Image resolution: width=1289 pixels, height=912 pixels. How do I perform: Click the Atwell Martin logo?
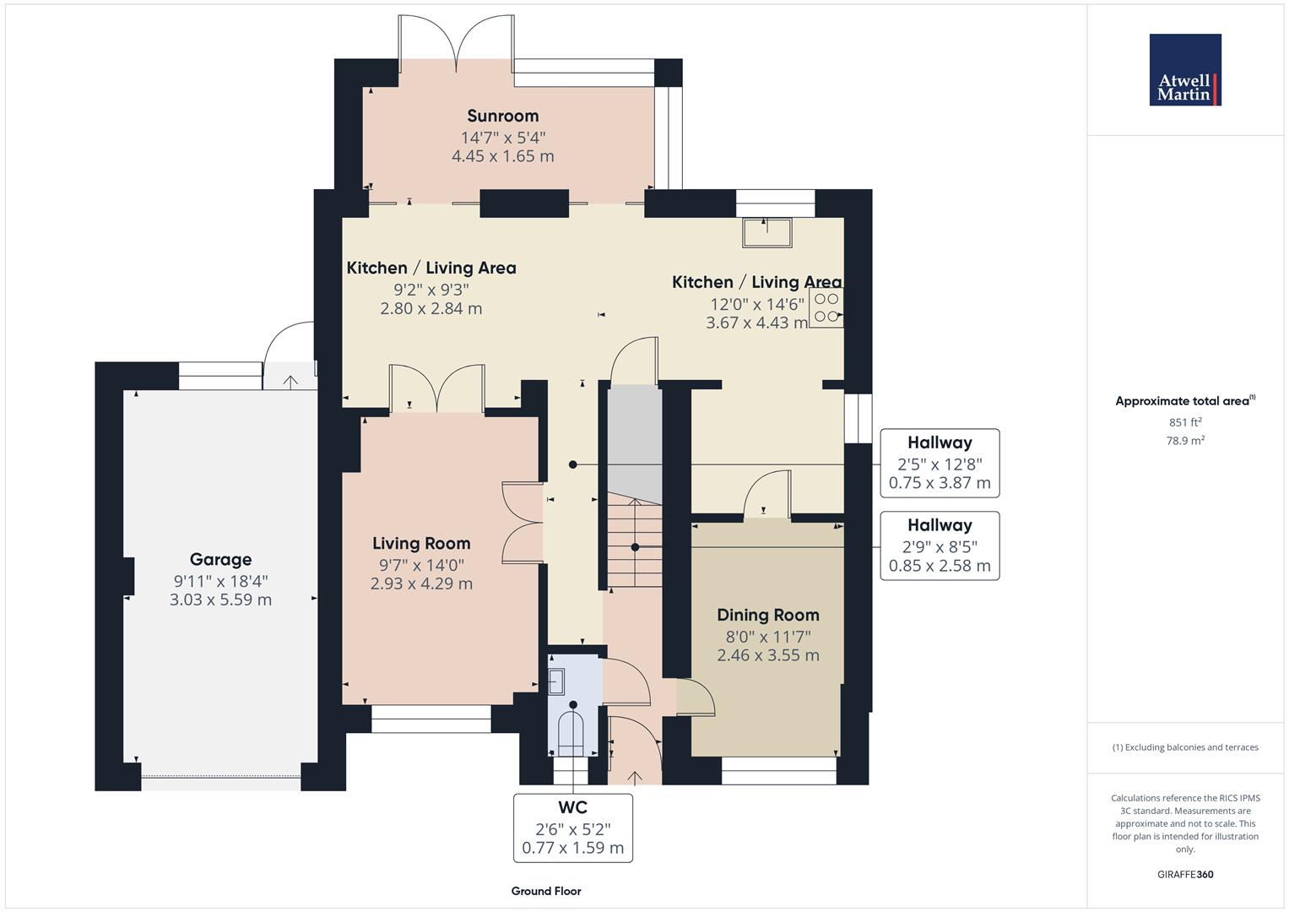[x=1185, y=70]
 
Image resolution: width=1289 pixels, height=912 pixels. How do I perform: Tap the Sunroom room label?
[x=503, y=116]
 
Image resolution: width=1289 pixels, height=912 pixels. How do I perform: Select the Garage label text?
[x=220, y=559]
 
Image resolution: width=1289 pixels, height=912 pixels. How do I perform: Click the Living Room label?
[x=421, y=543]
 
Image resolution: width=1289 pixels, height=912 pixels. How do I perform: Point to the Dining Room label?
[x=768, y=615]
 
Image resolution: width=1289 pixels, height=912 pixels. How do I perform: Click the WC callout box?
[x=572, y=828]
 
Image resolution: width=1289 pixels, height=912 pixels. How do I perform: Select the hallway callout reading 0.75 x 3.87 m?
[x=940, y=463]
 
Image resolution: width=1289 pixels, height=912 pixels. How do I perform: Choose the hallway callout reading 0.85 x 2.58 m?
[x=940, y=546]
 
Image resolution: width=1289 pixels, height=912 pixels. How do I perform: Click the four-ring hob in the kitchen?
[x=826, y=308]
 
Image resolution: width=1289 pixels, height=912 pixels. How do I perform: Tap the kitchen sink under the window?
[x=766, y=232]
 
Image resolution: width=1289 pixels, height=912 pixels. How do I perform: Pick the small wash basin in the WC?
[x=556, y=680]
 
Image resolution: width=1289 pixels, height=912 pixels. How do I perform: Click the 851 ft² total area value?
[x=1185, y=422]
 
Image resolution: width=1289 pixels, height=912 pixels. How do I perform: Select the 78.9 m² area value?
[x=1185, y=440]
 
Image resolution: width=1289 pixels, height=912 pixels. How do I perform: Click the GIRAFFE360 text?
[x=1185, y=874]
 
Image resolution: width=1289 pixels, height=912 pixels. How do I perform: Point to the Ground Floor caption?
[x=546, y=891]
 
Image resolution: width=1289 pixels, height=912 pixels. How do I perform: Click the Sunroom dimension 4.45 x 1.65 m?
[x=503, y=156]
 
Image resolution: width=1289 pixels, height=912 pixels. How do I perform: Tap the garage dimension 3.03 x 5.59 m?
[x=220, y=600]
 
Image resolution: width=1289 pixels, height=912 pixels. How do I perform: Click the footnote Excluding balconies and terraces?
[x=1185, y=747]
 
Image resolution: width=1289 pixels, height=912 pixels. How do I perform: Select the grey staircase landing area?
[x=635, y=439]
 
